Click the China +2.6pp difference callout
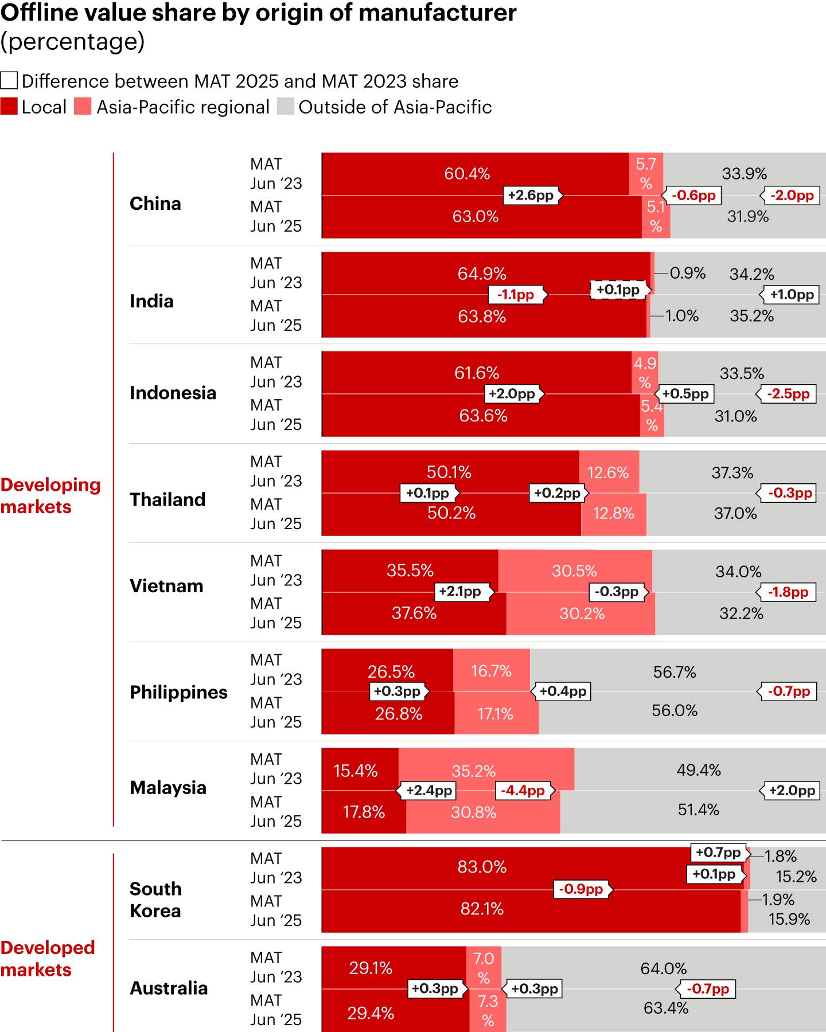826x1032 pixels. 531,196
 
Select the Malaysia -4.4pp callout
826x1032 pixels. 523,791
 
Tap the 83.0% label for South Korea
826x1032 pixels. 482,867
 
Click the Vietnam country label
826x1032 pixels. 166,586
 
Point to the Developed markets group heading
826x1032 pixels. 48,959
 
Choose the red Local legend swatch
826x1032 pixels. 9,107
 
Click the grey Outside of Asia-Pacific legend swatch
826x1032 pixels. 286,107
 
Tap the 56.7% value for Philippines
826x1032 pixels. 675,672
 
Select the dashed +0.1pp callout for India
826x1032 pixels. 618,290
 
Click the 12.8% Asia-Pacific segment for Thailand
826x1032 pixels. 613,514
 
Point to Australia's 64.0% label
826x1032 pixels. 664,969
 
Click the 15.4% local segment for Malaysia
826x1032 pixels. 356,771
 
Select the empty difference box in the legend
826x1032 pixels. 9,81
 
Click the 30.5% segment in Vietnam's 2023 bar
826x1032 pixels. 574,571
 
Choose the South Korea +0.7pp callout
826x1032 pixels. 718,853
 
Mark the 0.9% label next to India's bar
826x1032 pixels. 688,273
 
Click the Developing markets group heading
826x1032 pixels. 50,496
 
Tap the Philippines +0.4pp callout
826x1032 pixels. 563,691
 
